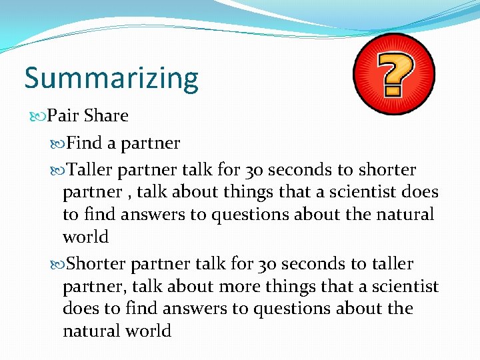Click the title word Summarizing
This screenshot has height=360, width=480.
(x=111, y=79)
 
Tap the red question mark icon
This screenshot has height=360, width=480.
(x=394, y=74)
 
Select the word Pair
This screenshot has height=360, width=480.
(x=64, y=115)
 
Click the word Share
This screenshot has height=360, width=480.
(x=106, y=115)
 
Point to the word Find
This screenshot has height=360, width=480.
(x=83, y=143)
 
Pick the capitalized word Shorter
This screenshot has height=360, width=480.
(x=97, y=264)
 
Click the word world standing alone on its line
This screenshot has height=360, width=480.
(x=85, y=237)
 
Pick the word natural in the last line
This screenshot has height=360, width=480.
(x=89, y=331)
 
